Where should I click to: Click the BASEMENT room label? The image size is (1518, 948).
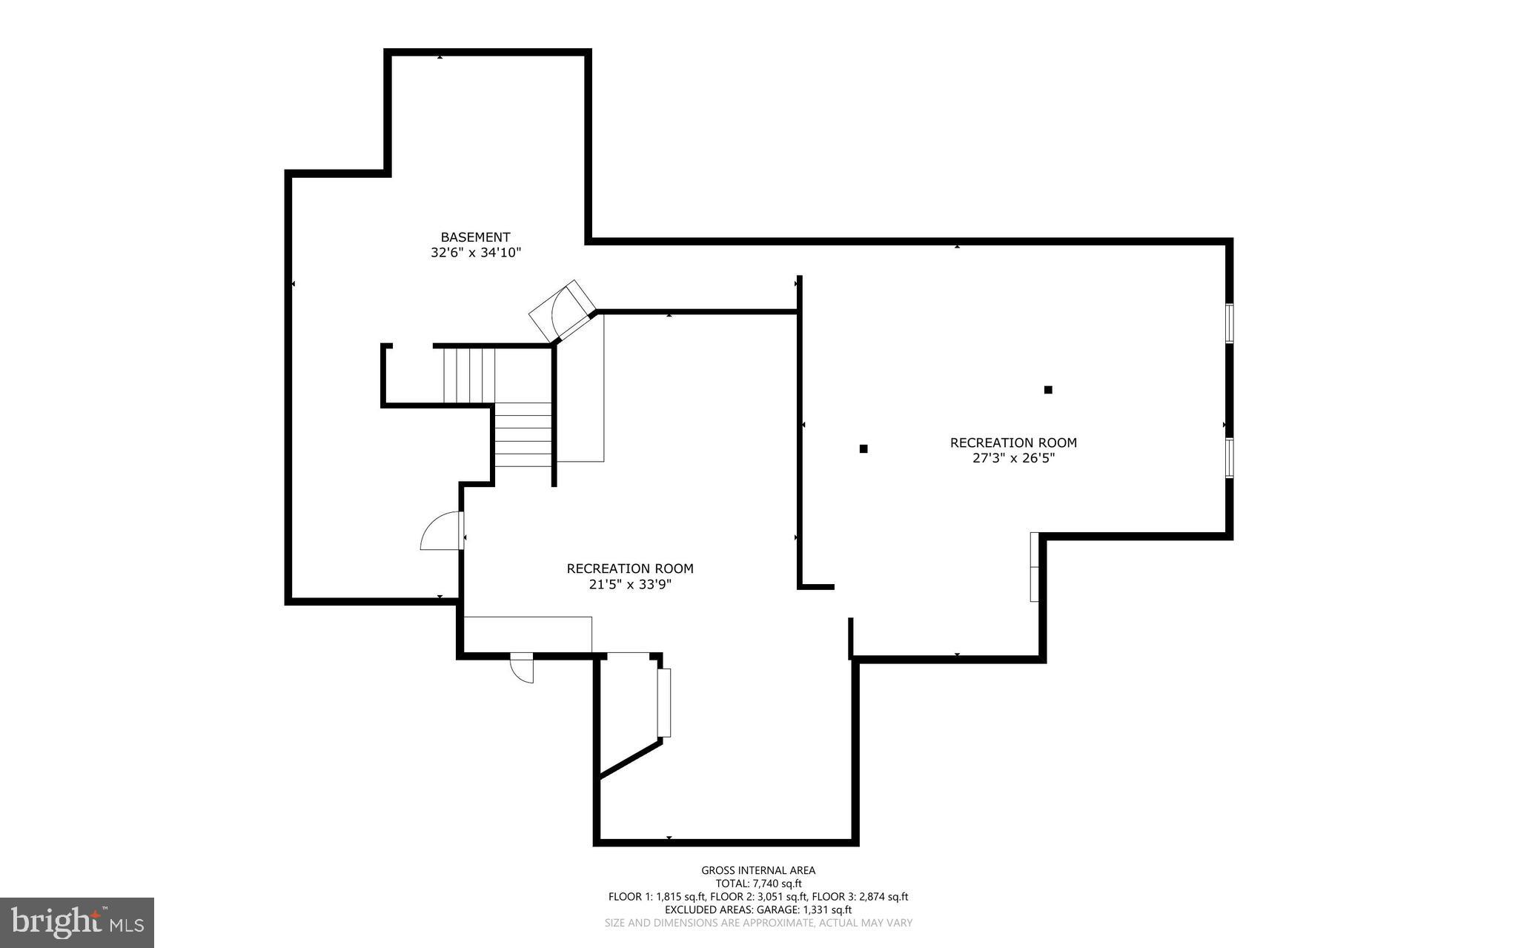pos(475,237)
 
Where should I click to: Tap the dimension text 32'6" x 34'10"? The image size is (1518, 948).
pos(475,253)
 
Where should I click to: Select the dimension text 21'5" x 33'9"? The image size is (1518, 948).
pos(630,584)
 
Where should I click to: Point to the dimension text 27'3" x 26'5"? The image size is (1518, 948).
pos(1013,458)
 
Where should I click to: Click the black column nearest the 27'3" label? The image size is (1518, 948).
pos(1048,390)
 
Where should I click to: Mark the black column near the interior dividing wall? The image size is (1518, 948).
pos(864,448)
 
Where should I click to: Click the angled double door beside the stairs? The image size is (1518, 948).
pos(563,311)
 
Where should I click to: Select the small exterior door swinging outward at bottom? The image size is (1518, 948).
pos(523,668)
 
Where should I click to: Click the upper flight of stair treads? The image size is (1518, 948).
pos(468,375)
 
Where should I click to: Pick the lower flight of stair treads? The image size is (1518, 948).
pos(523,435)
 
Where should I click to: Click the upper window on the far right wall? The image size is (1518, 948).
pos(1229,322)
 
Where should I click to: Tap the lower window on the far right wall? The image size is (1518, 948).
pos(1229,457)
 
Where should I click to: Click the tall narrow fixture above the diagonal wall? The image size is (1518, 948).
pos(664,703)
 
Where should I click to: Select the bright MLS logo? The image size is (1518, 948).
pos(77,922)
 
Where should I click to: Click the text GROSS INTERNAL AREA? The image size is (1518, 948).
pos(758,870)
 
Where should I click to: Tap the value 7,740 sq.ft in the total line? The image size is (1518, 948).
pos(777,884)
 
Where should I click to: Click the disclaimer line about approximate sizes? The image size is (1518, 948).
pos(758,923)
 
